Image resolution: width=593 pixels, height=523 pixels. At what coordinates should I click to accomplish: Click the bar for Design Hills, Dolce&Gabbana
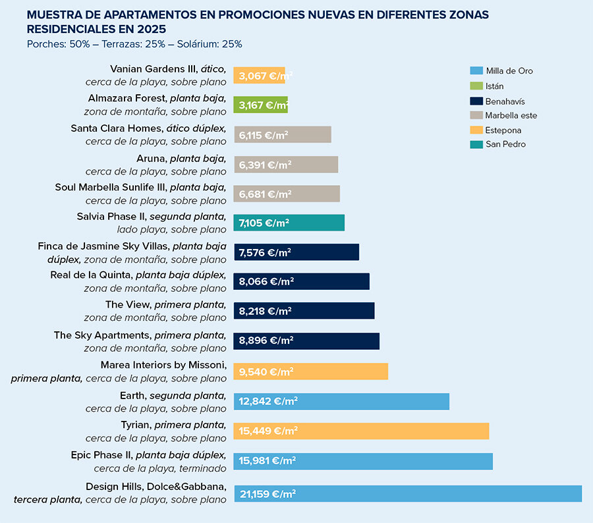408,494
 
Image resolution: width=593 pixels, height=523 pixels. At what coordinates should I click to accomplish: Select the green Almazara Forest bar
260,105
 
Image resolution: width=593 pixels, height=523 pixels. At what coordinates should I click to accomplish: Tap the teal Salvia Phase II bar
289,223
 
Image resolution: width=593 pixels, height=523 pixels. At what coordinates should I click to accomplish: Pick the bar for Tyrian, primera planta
361,431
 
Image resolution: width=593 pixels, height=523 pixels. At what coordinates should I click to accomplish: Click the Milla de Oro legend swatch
476,71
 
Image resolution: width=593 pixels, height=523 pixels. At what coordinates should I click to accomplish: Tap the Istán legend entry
494,86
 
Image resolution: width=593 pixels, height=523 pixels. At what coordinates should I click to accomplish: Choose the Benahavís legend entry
505,101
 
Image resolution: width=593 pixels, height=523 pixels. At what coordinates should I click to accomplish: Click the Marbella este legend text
511,116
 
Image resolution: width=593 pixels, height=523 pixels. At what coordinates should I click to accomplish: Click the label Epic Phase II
101,455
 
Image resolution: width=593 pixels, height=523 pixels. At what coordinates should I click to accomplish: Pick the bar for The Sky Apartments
306,341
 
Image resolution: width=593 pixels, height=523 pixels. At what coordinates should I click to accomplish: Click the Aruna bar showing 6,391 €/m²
286,165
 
